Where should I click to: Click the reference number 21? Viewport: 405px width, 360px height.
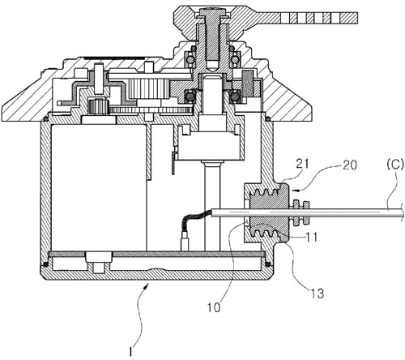coord(303,164)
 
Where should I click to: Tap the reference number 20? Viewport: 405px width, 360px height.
coord(350,165)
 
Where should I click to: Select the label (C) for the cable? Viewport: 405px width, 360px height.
coord(395,165)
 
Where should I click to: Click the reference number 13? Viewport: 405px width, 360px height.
coord(317,294)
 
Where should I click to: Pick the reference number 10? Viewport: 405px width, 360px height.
coord(214,307)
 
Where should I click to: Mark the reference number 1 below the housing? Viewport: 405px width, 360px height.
coord(130,352)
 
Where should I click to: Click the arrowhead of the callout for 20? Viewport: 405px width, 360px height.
coord(295,191)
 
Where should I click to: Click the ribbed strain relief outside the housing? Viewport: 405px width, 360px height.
coord(300,212)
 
